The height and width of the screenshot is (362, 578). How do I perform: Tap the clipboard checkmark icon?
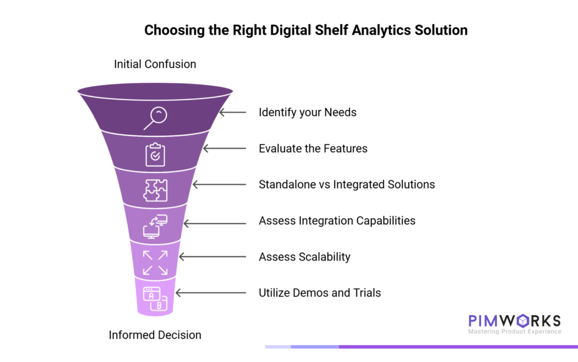pyautogui.click(x=155, y=154)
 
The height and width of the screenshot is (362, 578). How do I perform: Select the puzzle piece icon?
pyautogui.click(x=155, y=190)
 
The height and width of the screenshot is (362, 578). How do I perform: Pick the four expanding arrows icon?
pyautogui.click(x=155, y=263)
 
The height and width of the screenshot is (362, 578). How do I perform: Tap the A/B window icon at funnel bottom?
pyautogui.click(x=155, y=298)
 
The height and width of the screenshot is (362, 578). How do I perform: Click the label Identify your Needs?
pyautogui.click(x=308, y=112)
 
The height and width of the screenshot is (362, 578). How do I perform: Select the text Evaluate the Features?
pyautogui.click(x=313, y=149)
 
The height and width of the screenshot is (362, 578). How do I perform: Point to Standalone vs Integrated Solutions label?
pyautogui.click(x=347, y=184)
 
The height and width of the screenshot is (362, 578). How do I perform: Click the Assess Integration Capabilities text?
pyautogui.click(x=337, y=220)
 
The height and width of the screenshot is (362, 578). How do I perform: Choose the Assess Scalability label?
pyautogui.click(x=304, y=257)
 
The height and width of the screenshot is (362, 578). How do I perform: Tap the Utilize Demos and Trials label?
pyautogui.click(x=319, y=293)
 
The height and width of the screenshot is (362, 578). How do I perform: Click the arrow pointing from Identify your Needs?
pyautogui.click(x=233, y=112)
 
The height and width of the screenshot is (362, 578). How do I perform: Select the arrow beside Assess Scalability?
pyautogui.click(x=212, y=257)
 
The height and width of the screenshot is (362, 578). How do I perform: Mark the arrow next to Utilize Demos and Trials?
pyautogui.click(x=211, y=293)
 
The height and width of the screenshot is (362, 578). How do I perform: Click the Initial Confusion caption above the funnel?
pyautogui.click(x=155, y=64)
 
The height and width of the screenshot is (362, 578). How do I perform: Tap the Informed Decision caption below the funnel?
pyautogui.click(x=155, y=335)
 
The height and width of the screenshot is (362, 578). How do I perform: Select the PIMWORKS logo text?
pyautogui.click(x=514, y=321)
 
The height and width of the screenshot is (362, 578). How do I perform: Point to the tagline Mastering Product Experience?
pyautogui.click(x=514, y=332)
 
